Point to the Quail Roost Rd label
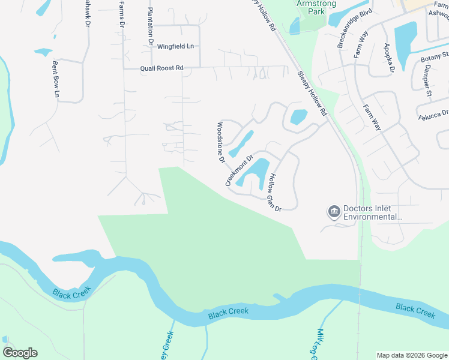161,68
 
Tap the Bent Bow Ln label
56,79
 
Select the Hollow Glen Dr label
274,192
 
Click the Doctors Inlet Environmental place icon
333,212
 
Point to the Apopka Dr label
388,58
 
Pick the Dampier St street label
427,80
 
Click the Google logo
20,353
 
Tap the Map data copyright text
411,355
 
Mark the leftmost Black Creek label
71,294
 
